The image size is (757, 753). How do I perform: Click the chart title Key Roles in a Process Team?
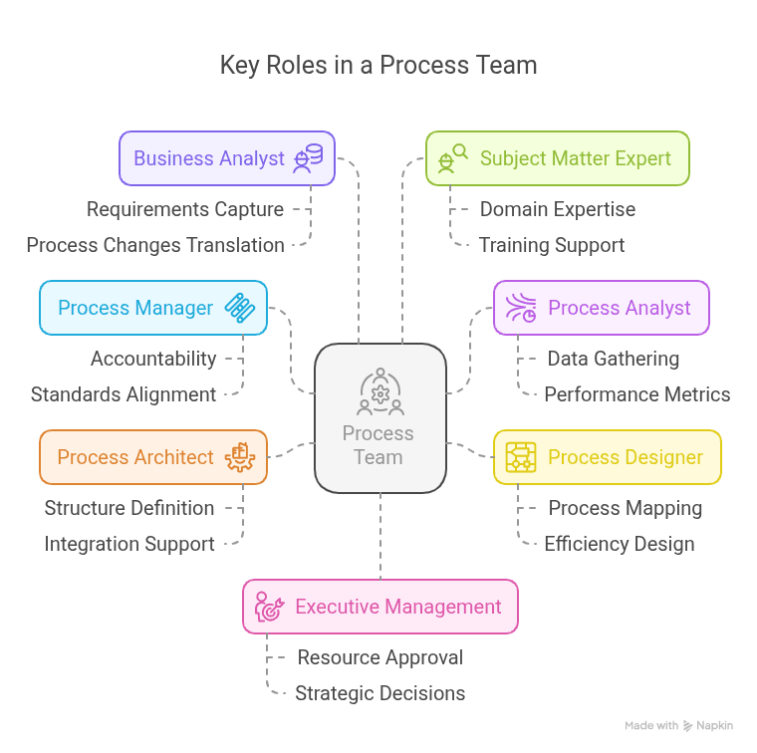[378, 66]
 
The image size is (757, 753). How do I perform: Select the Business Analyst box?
[226, 158]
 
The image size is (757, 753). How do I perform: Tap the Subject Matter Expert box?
[557, 158]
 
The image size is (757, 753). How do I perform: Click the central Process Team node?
[379, 418]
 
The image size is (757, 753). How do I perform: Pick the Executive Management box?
[379, 607]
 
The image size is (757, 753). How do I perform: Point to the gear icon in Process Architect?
[240, 457]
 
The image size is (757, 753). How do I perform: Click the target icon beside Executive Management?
[269, 607]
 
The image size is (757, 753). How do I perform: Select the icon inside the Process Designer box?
[521, 457]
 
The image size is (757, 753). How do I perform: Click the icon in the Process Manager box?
[240, 308]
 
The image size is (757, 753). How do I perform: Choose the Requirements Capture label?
[184, 209]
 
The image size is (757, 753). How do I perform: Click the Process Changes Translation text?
[155, 245]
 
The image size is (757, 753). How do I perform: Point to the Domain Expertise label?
[557, 209]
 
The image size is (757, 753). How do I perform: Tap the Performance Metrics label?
[636, 394]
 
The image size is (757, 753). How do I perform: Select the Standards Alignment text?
[124, 394]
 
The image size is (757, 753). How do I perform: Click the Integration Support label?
[129, 544]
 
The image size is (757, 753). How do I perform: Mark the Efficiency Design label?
[619, 544]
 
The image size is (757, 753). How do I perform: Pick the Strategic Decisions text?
[379, 693]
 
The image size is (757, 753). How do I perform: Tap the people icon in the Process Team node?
[379, 391]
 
